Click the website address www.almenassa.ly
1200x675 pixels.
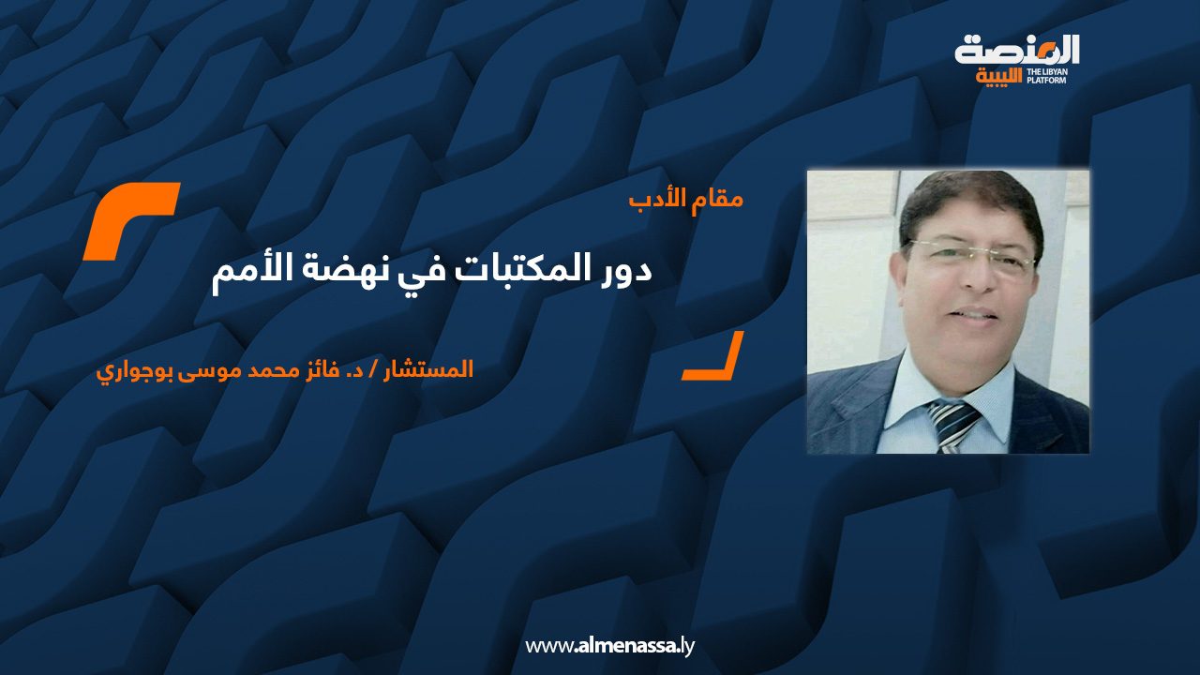[x=609, y=646]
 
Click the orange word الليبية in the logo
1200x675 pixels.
[x=999, y=77]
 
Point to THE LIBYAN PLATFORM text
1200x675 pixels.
[x=1047, y=76]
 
